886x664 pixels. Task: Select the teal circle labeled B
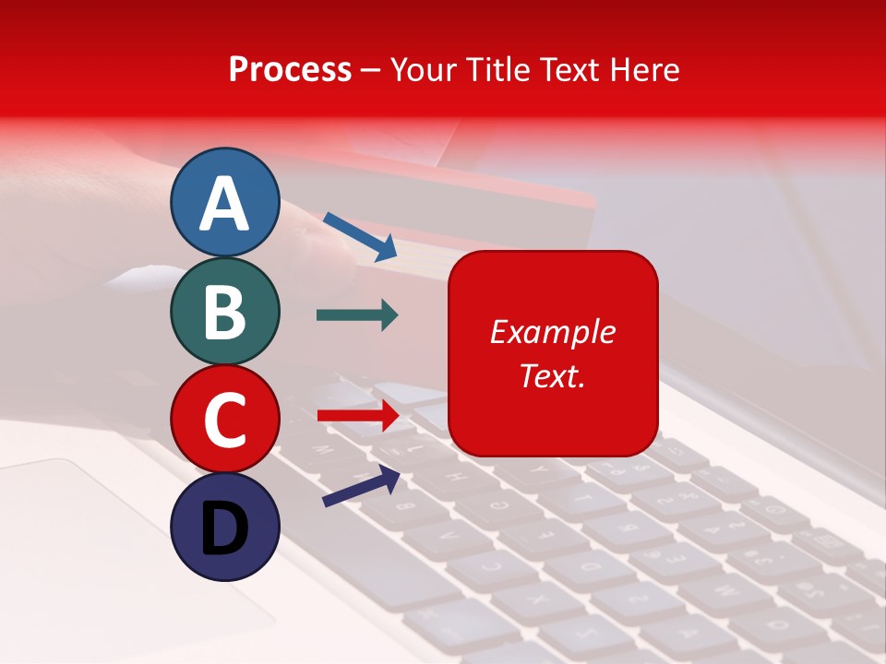(x=225, y=312)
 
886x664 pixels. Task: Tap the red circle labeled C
(x=225, y=420)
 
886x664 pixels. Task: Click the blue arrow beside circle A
(x=360, y=236)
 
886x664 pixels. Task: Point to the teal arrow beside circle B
(x=357, y=315)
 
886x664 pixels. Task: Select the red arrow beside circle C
(x=358, y=416)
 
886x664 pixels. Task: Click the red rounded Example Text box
(x=553, y=353)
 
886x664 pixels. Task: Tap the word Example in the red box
(x=553, y=332)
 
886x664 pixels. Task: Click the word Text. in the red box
(x=553, y=375)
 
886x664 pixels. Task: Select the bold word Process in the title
(x=290, y=69)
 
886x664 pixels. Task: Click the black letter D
(x=225, y=528)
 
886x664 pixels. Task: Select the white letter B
(x=225, y=312)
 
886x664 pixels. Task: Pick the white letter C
(x=225, y=420)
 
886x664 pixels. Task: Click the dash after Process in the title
(x=371, y=70)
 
